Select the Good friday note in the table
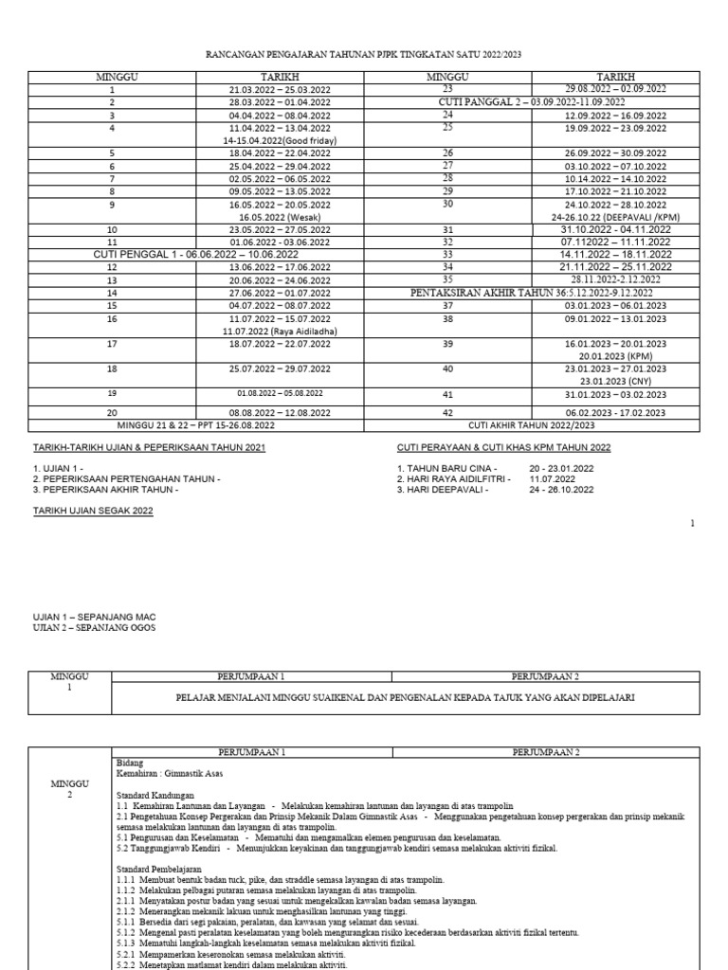coord(280,140)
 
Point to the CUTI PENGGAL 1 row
coord(195,255)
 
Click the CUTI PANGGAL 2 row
coord(531,101)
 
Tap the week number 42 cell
coord(448,413)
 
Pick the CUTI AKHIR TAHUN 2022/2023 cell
coord(531,426)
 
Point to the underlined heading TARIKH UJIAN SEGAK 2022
coord(93,511)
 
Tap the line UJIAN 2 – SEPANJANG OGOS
coord(95,628)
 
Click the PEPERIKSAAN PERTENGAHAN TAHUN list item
coord(126,478)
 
